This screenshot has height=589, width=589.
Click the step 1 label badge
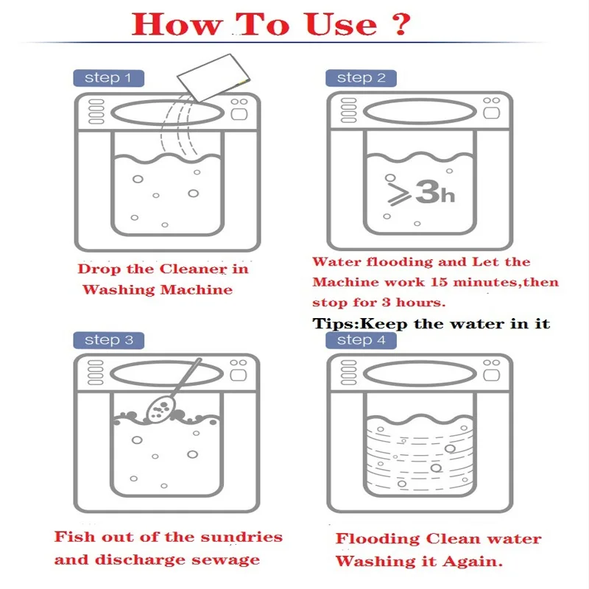(x=108, y=78)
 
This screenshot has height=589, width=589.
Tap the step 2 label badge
(x=361, y=78)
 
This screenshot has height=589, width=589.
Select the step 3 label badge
(x=108, y=340)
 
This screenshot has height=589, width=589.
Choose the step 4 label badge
(x=361, y=340)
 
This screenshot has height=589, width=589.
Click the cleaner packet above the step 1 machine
(x=214, y=77)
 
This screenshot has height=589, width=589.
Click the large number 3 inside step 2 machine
(x=428, y=192)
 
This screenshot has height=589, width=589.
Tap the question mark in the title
(x=402, y=24)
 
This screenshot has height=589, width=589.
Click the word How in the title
(x=177, y=24)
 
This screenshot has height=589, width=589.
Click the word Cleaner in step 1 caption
(x=193, y=269)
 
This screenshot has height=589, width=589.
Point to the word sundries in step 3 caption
(x=241, y=537)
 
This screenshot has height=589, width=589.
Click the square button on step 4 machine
(x=491, y=375)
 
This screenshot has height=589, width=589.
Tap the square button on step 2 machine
(x=491, y=113)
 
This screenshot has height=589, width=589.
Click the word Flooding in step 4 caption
(x=378, y=539)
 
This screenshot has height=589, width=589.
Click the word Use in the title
(x=341, y=24)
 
